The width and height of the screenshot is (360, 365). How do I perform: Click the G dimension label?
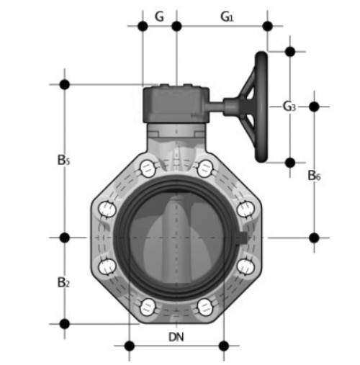point(159,17)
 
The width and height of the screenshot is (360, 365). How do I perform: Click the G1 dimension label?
point(227,17)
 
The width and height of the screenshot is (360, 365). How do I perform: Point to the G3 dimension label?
point(289,107)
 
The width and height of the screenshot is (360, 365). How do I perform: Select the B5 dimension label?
point(63,160)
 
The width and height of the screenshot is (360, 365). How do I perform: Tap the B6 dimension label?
point(314,176)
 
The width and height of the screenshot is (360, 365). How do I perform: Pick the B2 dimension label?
point(63,282)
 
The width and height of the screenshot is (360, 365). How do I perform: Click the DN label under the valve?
point(176,337)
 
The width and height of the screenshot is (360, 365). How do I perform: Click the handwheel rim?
point(261,107)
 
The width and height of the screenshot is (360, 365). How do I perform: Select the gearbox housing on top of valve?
point(176,104)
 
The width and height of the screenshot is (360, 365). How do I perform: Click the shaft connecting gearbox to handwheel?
point(216,106)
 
